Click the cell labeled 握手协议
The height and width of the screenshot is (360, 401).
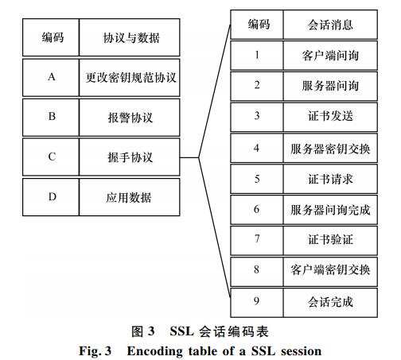coord(130,157)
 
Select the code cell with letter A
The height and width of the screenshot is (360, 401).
coord(51,78)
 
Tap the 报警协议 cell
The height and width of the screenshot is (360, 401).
coord(130,118)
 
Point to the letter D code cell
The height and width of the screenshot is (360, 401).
coord(51,197)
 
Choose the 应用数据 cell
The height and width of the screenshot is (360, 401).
coord(130,197)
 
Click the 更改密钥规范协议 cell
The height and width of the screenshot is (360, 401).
coord(130,78)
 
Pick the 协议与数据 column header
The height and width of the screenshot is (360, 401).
coord(130,37)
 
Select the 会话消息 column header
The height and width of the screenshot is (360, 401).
coord(330,25)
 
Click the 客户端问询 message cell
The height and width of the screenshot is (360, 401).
coord(330,56)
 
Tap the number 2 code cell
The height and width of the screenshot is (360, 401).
coord(257,86)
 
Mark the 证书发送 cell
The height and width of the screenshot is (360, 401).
coord(330,117)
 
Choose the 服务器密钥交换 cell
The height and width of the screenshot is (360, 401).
coord(330,148)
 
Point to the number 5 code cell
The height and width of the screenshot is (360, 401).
coord(257,179)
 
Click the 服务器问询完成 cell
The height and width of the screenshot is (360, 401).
coord(330,210)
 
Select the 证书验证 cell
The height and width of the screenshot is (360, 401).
coord(330,241)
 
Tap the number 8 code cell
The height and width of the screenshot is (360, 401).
coord(257,272)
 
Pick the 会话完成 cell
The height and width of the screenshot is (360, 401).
coord(330,303)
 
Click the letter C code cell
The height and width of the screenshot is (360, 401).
coord(51,157)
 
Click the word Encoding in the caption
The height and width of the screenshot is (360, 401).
coord(154,351)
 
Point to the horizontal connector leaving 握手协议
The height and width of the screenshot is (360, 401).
coord(189,157)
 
